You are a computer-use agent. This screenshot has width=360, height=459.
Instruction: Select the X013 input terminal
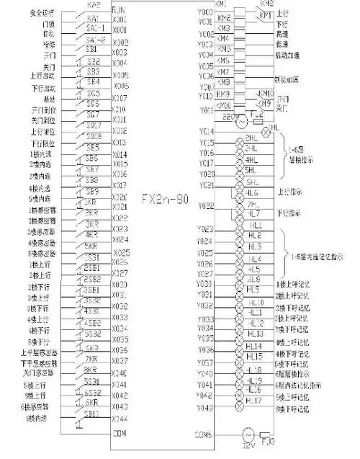click(x=120, y=143)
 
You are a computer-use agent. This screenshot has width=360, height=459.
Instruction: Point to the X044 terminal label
click(x=120, y=418)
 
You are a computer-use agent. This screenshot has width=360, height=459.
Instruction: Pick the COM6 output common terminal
click(x=204, y=434)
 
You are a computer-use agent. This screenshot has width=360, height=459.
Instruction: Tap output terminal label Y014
click(x=206, y=131)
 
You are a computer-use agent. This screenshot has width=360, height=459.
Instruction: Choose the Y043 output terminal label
click(x=206, y=408)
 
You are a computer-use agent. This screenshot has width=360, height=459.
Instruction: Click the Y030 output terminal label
click(x=206, y=285)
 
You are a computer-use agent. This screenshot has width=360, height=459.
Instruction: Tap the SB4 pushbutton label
click(x=93, y=81)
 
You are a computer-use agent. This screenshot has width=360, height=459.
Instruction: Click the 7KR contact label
click(x=91, y=358)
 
